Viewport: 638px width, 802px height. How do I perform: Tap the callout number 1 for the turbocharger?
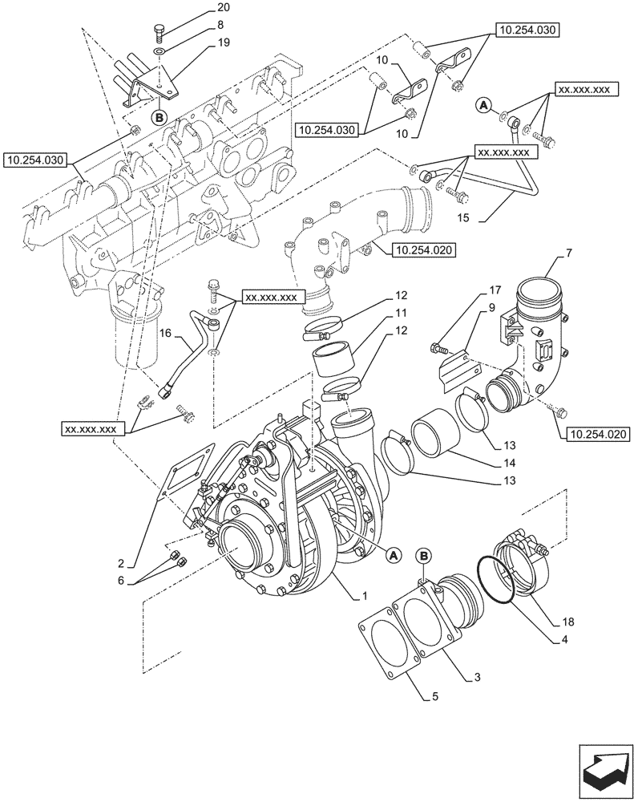click(x=365, y=597)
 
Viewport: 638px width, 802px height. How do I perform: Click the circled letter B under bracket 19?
click(x=159, y=117)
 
